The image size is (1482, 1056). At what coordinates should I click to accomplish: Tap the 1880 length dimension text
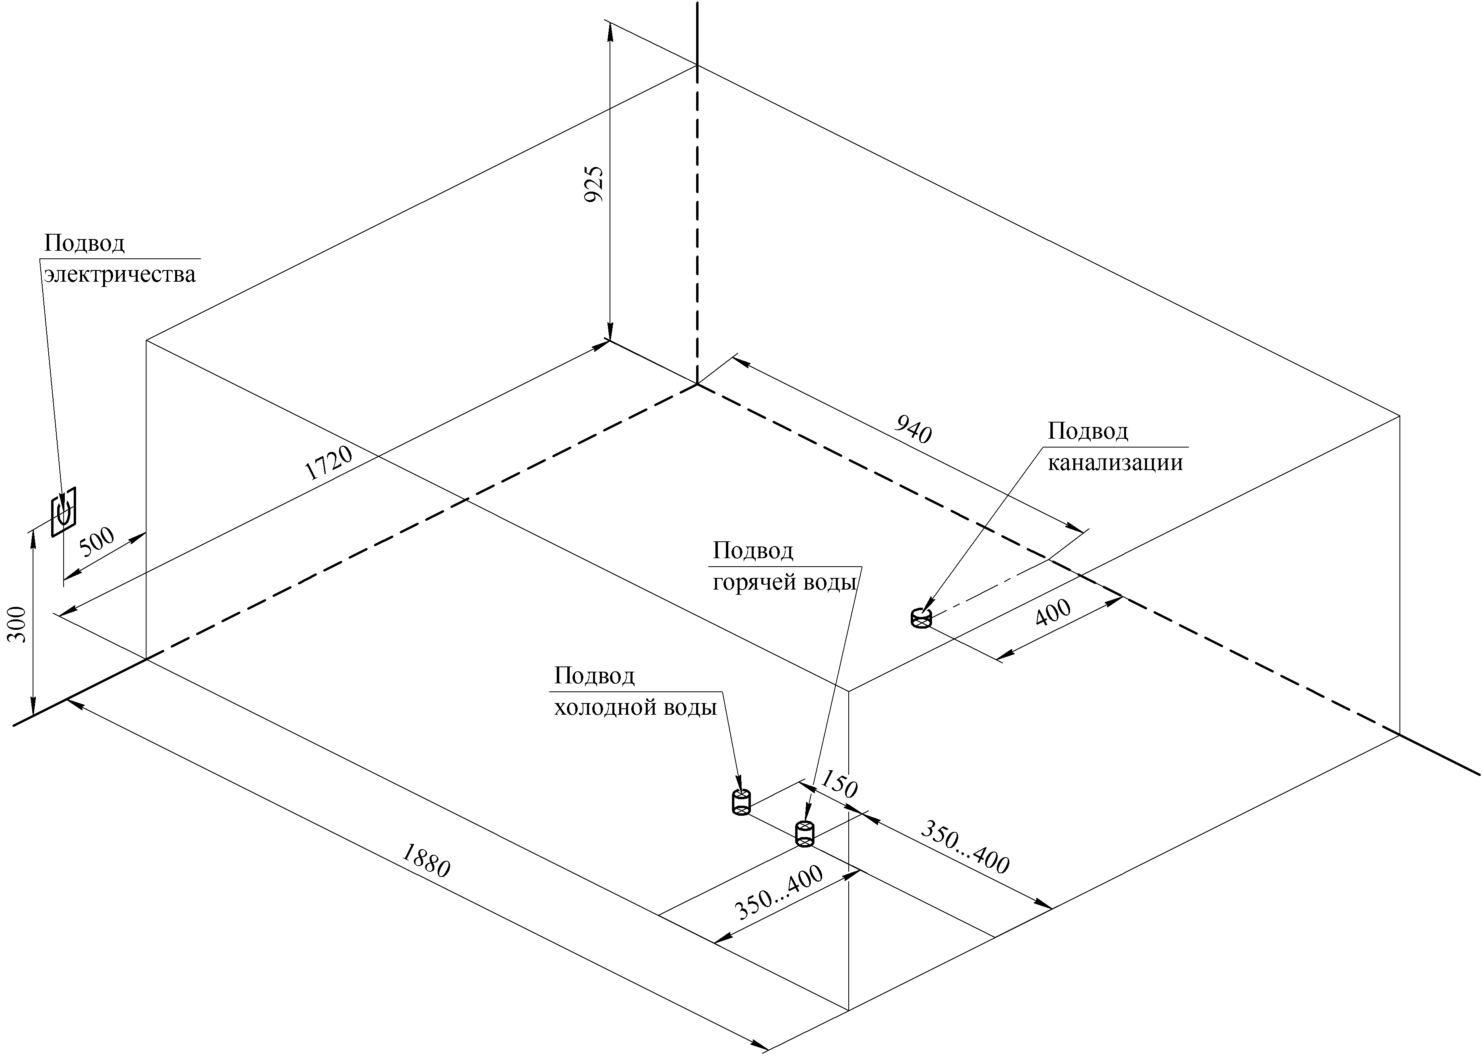pyautogui.click(x=426, y=860)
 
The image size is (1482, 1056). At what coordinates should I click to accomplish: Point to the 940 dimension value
pyautogui.click(x=914, y=429)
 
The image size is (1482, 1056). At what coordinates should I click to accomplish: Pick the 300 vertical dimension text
pyautogui.click(x=19, y=624)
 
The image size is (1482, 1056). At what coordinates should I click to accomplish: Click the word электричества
pyautogui.click(x=120, y=274)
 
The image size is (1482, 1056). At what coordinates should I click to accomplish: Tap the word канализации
pyautogui.click(x=1115, y=463)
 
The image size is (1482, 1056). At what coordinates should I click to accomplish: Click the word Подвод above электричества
pyautogui.click(x=84, y=243)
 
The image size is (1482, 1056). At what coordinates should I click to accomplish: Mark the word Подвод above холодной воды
pyautogui.click(x=594, y=676)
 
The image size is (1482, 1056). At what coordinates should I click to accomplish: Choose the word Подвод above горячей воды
pyautogui.click(x=753, y=551)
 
